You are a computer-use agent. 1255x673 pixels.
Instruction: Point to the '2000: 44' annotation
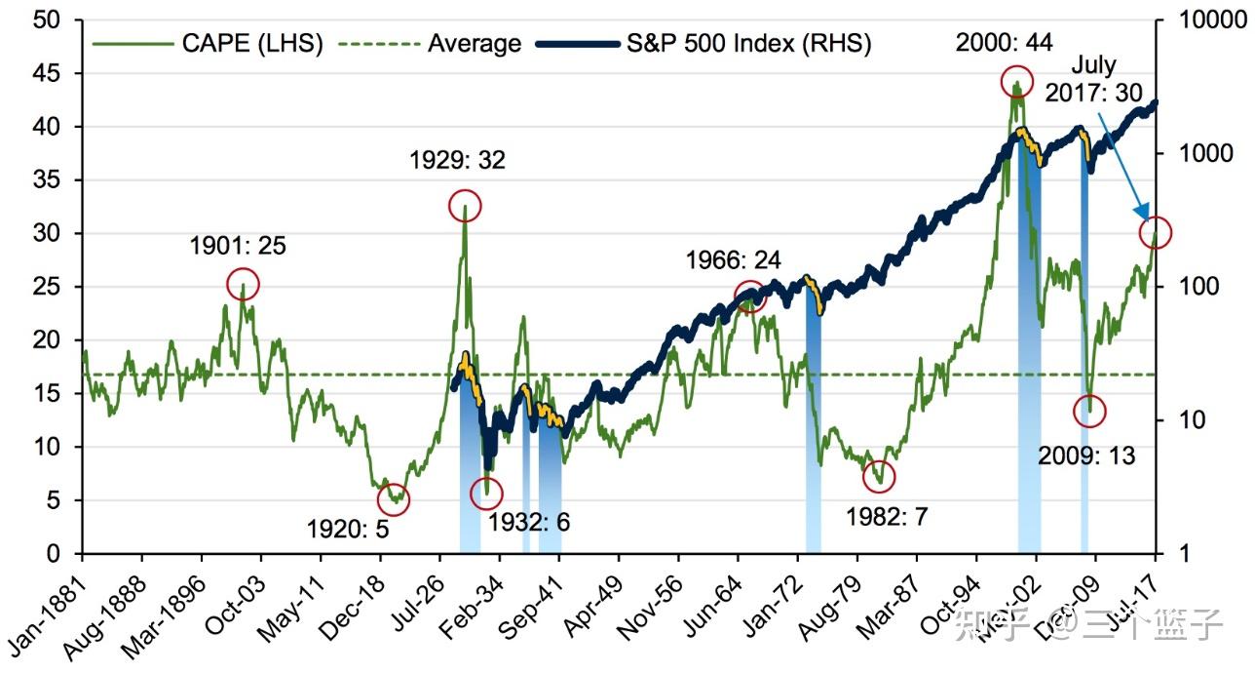click(x=1005, y=43)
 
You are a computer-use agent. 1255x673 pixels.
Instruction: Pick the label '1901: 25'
click(x=239, y=246)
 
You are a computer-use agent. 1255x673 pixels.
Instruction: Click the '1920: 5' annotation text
click(x=347, y=530)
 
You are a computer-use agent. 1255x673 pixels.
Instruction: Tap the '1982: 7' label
click(x=887, y=516)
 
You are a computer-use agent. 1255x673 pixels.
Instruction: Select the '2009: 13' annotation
click(x=1086, y=455)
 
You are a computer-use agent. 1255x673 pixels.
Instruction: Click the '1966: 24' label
click(x=733, y=260)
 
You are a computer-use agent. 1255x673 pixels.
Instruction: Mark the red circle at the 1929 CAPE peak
click(x=465, y=206)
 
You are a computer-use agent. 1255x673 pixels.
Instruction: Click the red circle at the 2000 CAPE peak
click(x=1016, y=83)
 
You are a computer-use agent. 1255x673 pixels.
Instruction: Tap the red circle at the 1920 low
click(x=394, y=500)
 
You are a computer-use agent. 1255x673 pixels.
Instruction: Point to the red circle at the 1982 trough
click(x=879, y=476)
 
